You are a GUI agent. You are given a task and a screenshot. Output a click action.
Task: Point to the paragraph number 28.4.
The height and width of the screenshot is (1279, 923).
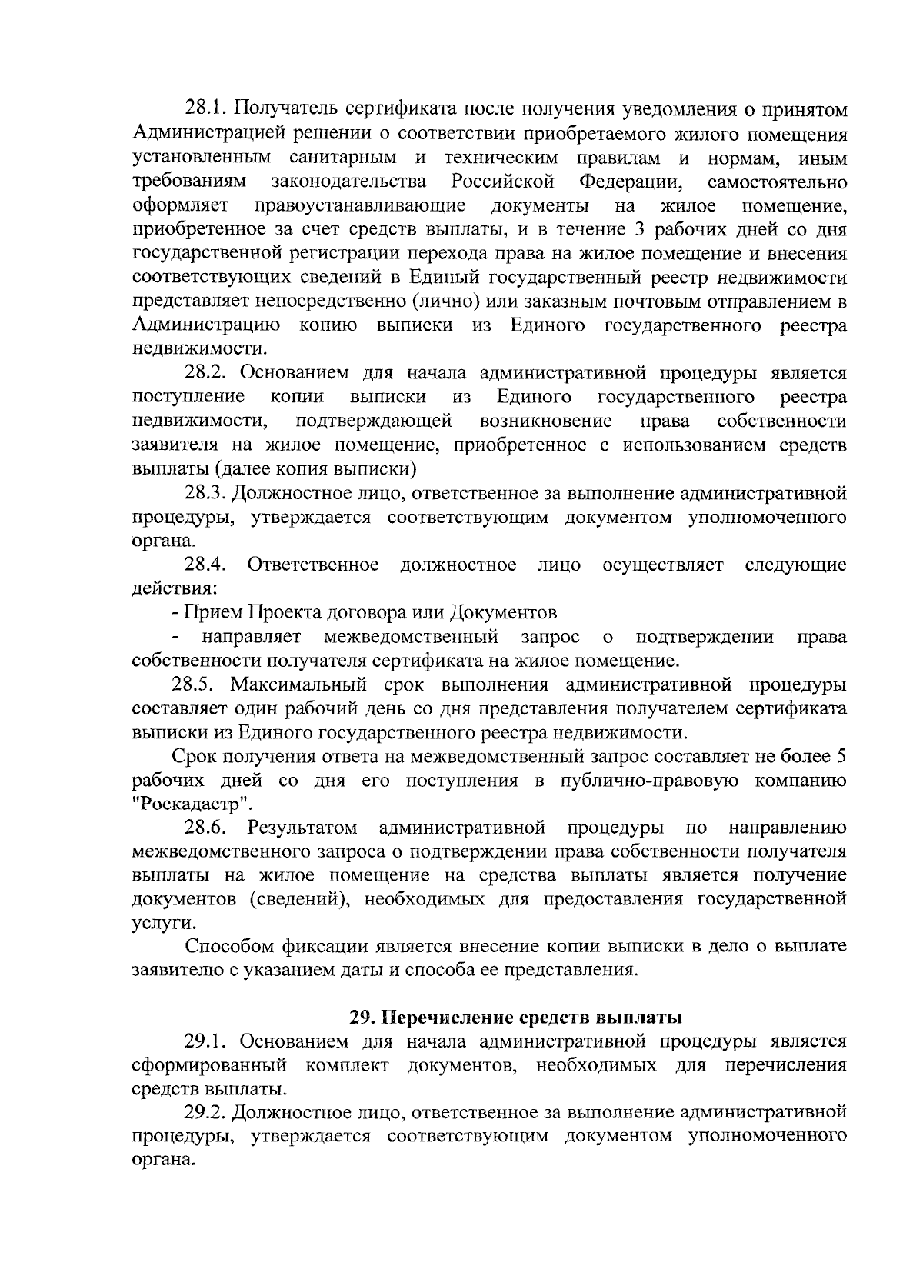205,565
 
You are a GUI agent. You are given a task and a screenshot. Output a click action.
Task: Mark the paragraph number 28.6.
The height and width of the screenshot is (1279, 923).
205,828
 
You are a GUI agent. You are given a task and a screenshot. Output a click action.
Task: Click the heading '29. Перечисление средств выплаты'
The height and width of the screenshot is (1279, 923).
515,1018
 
